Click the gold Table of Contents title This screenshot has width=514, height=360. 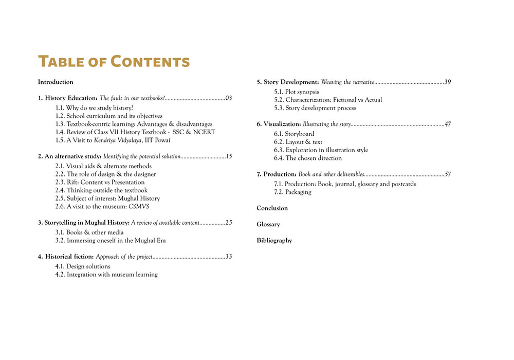pos(114,61)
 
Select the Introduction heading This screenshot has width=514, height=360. pos(56,82)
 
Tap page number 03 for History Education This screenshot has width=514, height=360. pos(229,98)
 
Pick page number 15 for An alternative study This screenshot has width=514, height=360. pos(229,156)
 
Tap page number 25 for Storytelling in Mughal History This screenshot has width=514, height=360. pos(229,222)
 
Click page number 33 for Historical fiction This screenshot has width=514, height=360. pos(229,256)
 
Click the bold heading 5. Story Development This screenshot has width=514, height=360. pos(288,82)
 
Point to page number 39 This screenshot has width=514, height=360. pos(448,82)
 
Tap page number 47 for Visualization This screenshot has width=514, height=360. pos(448,124)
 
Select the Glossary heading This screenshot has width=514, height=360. pos(268,224)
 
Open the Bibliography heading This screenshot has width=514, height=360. pos(274,240)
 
